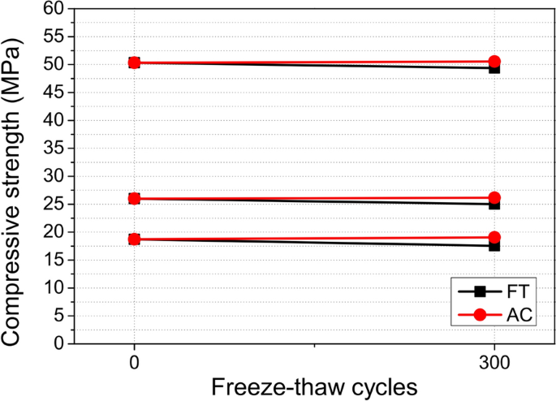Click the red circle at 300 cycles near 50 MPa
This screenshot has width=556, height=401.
click(494, 62)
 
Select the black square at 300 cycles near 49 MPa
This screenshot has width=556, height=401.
click(494, 68)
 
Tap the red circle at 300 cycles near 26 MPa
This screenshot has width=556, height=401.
click(494, 197)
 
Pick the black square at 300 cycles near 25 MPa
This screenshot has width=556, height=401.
click(494, 204)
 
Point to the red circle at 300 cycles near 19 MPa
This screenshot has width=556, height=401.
click(494, 238)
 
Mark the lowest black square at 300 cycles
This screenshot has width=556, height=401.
click(494, 245)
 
